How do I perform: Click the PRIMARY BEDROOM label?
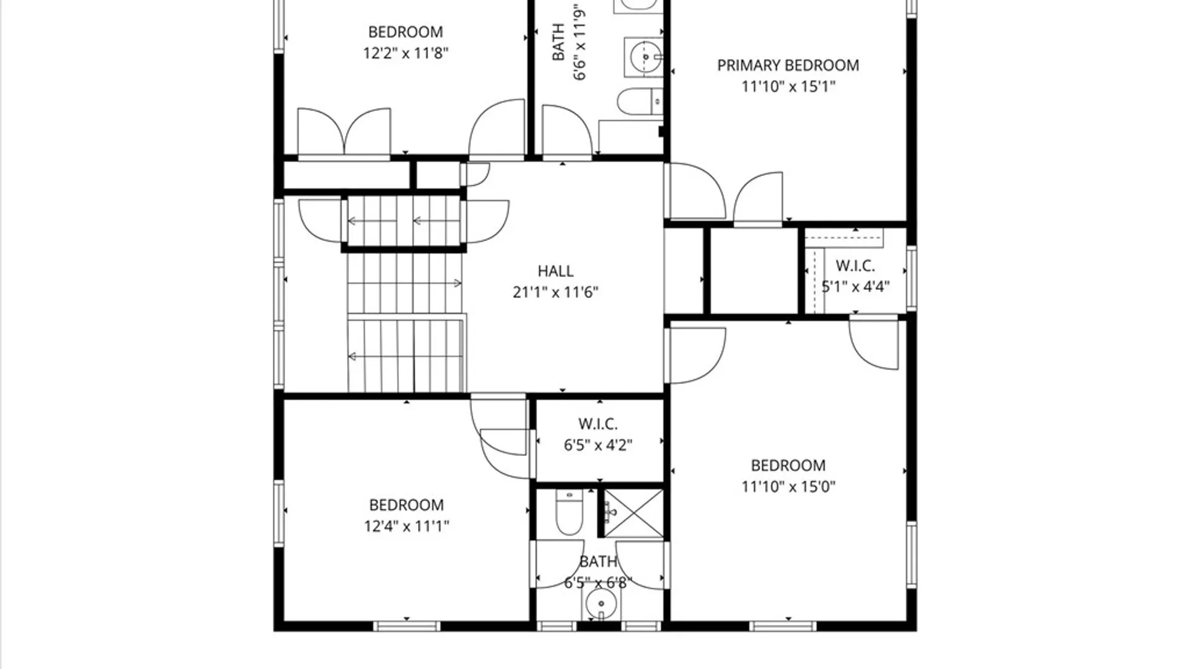coord(788,65)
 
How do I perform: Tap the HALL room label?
coord(555,271)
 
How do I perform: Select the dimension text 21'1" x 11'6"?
coord(555,292)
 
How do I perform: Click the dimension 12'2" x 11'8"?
coord(406,53)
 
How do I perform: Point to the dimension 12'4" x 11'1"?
coord(406,526)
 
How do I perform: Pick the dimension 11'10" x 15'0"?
coord(788,486)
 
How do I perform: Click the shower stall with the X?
coord(633,513)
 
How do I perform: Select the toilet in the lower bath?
coord(568,512)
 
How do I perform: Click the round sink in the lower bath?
coord(601,603)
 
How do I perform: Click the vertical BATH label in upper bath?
coord(558,42)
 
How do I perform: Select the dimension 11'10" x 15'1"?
coord(788,86)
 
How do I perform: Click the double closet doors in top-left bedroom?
coord(344,133)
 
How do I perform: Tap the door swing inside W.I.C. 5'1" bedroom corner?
coord(873,343)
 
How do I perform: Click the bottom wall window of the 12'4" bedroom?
coord(407,626)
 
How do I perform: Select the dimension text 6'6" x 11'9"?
coord(579,42)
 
